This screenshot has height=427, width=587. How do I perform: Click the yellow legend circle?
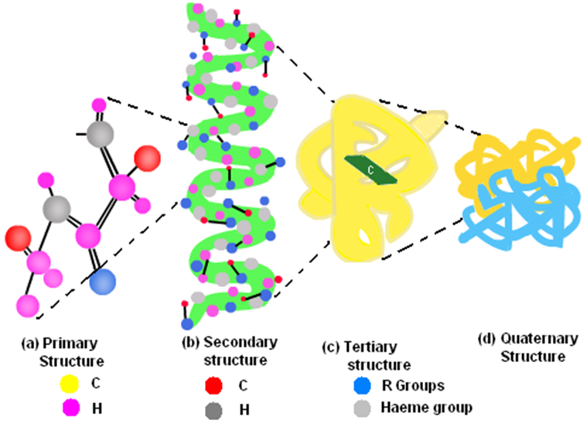coord(67,381)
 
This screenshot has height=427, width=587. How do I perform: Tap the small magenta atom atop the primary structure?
coord(99,104)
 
